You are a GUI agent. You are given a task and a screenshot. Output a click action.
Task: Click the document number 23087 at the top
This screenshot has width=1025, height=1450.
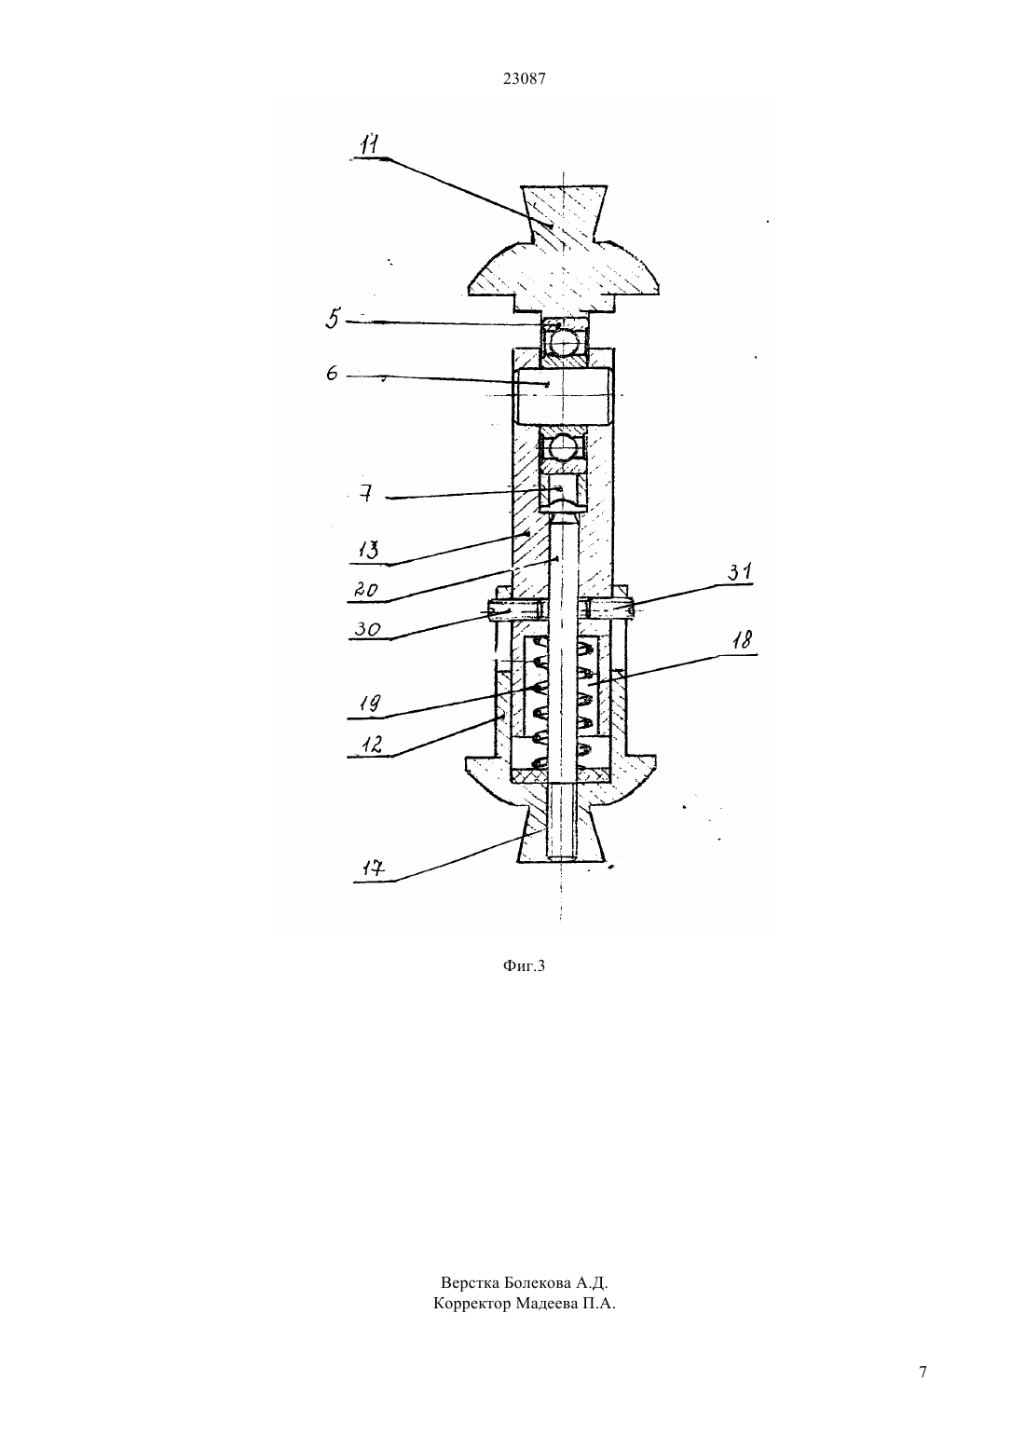point(524,79)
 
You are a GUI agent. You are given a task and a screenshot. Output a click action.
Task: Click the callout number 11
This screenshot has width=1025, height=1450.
point(370,144)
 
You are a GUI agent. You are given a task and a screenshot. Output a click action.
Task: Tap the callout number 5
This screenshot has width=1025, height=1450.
point(333,319)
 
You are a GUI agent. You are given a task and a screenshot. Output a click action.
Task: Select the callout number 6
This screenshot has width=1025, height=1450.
point(332,373)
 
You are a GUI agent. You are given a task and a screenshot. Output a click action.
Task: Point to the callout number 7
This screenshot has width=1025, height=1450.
point(366,495)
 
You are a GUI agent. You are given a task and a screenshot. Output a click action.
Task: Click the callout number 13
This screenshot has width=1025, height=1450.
point(370,552)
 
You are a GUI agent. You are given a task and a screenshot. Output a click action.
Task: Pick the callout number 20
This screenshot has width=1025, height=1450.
point(366,591)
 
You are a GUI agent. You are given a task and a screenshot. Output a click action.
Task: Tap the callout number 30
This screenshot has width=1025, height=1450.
point(367,628)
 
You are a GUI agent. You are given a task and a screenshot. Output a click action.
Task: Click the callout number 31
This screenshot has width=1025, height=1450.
point(739,571)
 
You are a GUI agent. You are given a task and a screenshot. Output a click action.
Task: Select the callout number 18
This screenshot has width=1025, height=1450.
point(743,640)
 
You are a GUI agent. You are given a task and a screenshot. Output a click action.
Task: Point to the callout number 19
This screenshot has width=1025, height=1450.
point(370,704)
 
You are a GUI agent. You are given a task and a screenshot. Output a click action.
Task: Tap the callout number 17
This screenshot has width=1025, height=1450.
point(374,868)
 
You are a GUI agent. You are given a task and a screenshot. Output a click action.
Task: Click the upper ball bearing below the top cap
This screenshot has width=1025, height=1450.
point(565,338)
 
